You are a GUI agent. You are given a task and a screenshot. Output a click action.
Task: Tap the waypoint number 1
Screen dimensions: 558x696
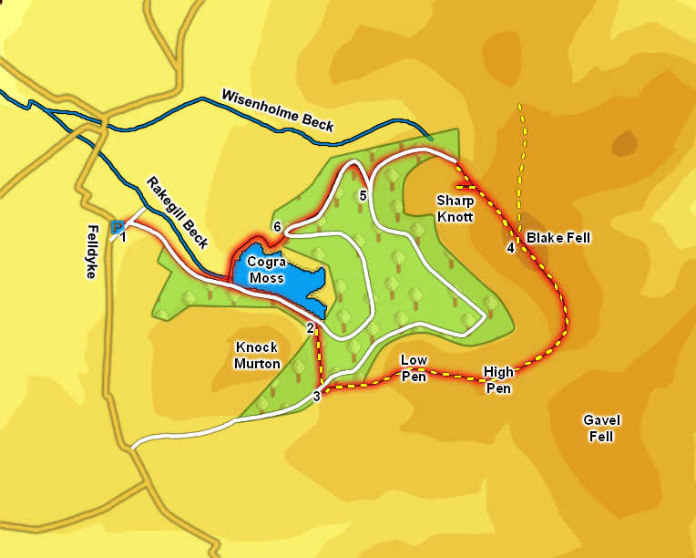click(123, 238)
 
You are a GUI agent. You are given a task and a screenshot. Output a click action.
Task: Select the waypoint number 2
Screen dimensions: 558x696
click(310, 328)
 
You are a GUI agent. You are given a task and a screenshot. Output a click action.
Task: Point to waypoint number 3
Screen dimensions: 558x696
click(316, 396)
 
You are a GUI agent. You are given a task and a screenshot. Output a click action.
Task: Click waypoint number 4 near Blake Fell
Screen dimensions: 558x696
click(510, 248)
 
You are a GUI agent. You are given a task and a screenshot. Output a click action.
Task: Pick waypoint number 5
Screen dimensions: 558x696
click(363, 195)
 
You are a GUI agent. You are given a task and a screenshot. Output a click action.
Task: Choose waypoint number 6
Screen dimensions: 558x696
click(277, 227)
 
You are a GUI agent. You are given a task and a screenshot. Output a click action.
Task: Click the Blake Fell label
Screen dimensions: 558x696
click(558, 238)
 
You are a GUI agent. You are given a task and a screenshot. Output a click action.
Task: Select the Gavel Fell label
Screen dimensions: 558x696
click(601, 428)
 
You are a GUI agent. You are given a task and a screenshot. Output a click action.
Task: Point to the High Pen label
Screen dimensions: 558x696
click(498, 379)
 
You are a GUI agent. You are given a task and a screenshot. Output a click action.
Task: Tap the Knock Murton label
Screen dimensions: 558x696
click(257, 356)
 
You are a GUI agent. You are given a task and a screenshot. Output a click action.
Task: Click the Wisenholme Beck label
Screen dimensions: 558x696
click(278, 110)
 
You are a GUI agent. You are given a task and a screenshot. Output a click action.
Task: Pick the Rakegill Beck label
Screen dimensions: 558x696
click(178, 212)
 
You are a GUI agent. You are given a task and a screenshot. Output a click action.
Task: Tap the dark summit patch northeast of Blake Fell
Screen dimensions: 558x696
click(625, 143)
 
